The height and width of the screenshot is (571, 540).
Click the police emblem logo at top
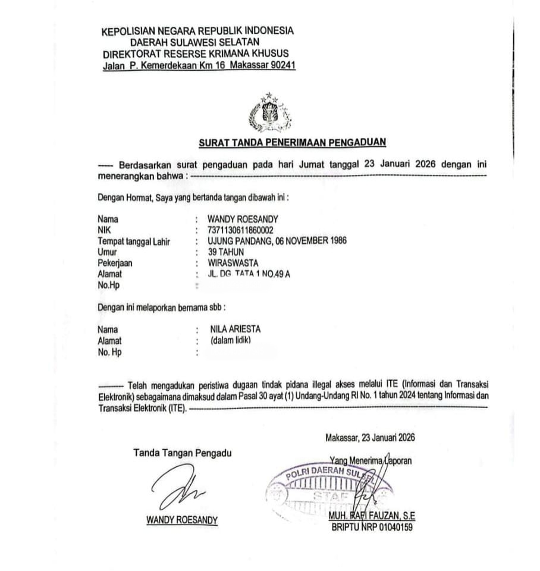[x=265, y=112]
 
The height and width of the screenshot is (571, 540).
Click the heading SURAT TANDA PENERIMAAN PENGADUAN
[x=292, y=142]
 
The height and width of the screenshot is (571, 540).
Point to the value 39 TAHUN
[x=226, y=252]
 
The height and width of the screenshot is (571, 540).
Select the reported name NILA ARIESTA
[x=236, y=329]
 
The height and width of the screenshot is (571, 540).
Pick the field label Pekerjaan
[x=115, y=262]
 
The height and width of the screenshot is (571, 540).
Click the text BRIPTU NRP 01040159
[x=372, y=526]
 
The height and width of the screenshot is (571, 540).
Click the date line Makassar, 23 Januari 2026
[x=370, y=438]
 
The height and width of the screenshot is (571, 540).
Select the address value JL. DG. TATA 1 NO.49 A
[x=249, y=274]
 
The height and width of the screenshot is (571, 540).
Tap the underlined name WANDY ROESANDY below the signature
[x=182, y=520]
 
